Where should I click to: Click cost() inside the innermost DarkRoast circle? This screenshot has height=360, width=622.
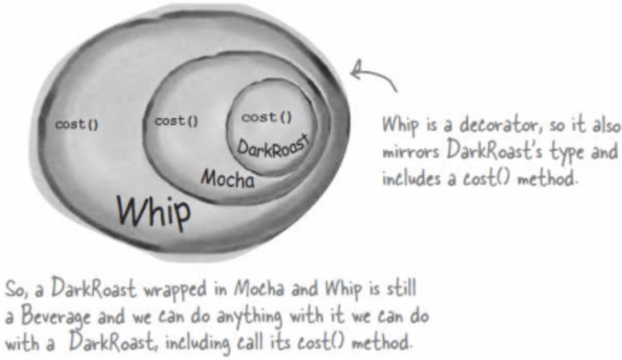pos(268,117)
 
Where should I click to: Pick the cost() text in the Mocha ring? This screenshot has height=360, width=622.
pos(175,122)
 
